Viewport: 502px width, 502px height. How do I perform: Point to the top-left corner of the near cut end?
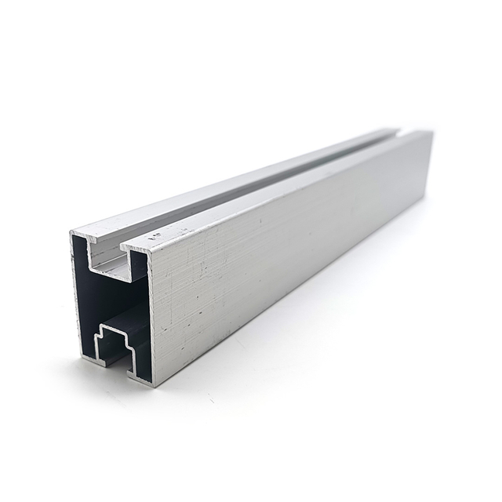tap(72, 233)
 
